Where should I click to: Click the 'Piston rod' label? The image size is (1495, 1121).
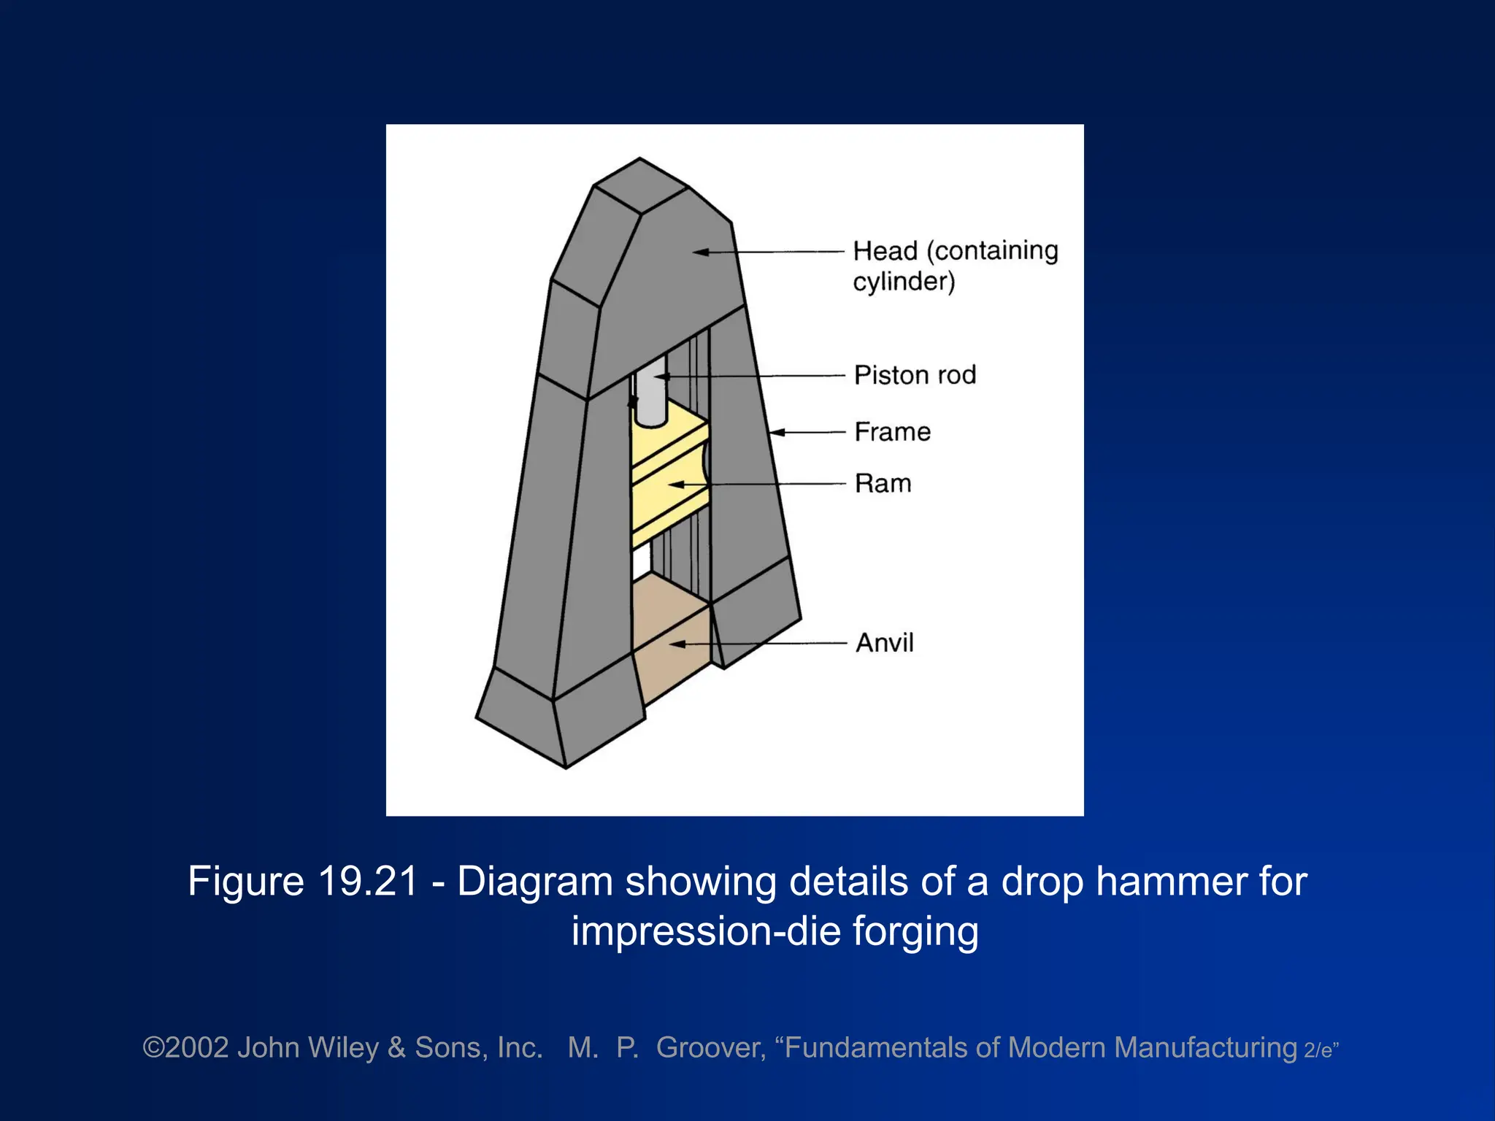[915, 375]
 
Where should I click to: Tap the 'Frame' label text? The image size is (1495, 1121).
[893, 432]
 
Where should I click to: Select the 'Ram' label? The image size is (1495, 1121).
[883, 483]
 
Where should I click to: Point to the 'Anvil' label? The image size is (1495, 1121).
[885, 643]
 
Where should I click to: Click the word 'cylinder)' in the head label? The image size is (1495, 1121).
[904, 282]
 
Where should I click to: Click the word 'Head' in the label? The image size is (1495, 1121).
[885, 251]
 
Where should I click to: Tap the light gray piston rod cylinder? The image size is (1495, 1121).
[649, 394]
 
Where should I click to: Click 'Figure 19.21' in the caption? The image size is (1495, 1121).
[302, 881]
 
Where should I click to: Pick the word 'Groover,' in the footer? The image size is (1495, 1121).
[711, 1048]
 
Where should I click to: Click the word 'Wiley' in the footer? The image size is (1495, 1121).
[343, 1048]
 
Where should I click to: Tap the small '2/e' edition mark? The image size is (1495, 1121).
[1319, 1051]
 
